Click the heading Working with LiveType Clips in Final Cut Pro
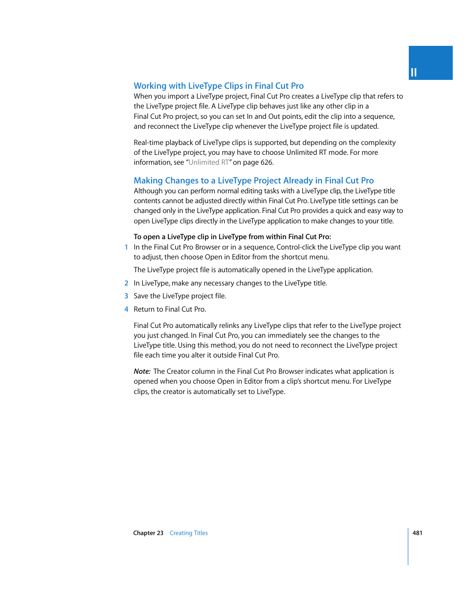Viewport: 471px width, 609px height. click(x=219, y=86)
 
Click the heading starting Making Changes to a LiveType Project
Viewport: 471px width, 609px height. click(x=254, y=180)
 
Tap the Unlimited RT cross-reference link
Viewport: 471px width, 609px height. click(x=208, y=162)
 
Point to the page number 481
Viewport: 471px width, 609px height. click(x=417, y=533)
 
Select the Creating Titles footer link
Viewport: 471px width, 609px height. click(x=189, y=533)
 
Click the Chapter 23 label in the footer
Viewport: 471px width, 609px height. click(x=148, y=533)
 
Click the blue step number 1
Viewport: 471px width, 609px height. click(x=126, y=247)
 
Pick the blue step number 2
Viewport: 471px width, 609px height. click(x=126, y=283)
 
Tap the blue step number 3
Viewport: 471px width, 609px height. click(x=126, y=296)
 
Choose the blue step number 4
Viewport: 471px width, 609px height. click(x=126, y=309)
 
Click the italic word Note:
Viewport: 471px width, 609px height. click(x=142, y=371)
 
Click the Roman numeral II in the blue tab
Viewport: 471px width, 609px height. click(x=414, y=72)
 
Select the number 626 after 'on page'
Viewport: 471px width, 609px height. click(x=267, y=162)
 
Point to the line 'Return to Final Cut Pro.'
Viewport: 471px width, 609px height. click(x=170, y=309)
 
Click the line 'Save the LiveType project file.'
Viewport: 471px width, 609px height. click(x=180, y=296)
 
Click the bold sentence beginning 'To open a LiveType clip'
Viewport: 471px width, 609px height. click(x=232, y=237)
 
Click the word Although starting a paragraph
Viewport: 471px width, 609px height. click(x=148, y=191)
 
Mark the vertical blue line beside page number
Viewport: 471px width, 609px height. click(x=408, y=546)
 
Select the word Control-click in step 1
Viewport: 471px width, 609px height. click(x=296, y=247)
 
